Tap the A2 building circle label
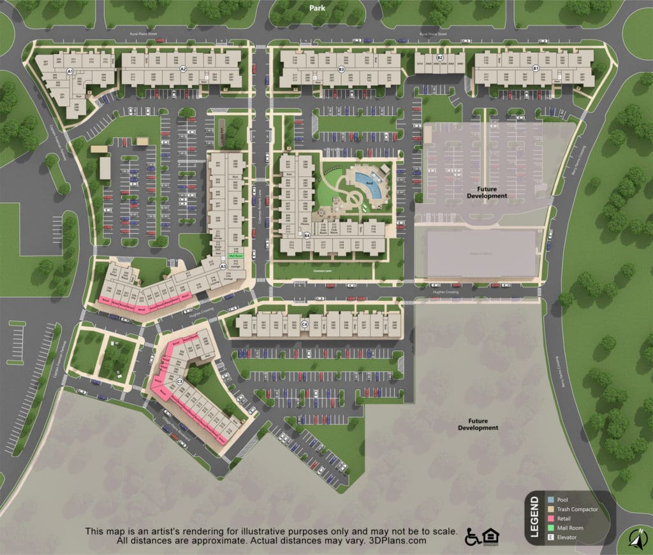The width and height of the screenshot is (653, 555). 183,68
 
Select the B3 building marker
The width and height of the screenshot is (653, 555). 341,68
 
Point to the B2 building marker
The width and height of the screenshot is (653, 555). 439,58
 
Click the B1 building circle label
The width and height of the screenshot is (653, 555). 536,68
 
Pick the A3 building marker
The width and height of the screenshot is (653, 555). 223,266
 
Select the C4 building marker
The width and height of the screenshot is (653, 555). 305,324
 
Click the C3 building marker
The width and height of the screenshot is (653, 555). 180,381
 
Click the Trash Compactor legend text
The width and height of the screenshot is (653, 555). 577,509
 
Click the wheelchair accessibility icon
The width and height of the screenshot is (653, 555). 474,537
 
